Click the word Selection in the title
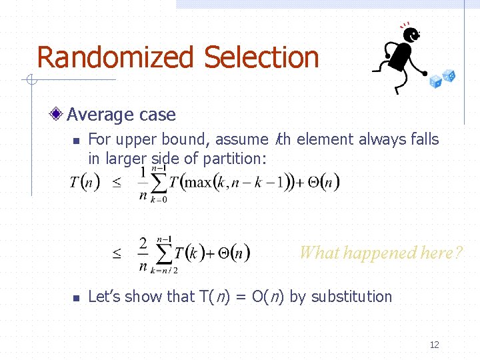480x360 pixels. [x=261, y=58]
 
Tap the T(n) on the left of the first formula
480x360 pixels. [x=85, y=183]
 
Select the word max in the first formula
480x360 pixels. [x=197, y=183]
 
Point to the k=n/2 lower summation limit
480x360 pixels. [x=163, y=270]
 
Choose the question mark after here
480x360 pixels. [x=457, y=253]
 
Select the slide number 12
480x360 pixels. [x=435, y=345]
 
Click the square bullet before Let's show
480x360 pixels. [x=76, y=298]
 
